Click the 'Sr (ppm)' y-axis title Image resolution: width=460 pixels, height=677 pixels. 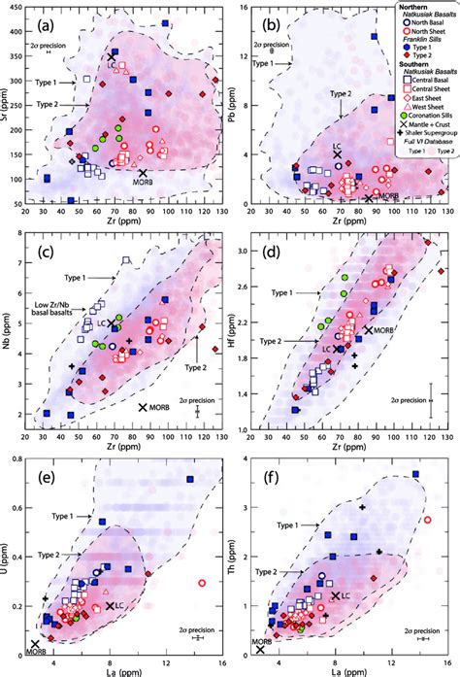coord(8,110)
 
